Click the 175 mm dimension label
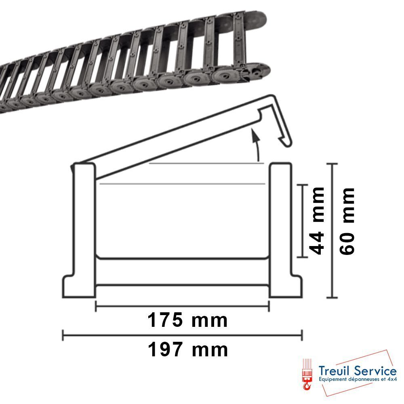(x=187, y=320)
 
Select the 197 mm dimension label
(x=188, y=349)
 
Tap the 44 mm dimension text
(x=317, y=221)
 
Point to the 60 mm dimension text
(x=347, y=221)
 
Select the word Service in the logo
(x=375, y=371)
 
